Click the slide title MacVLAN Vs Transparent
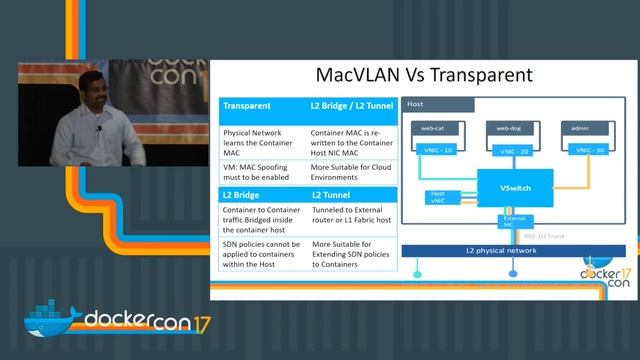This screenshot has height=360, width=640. tap(424, 75)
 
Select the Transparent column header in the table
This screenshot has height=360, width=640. tap(247, 105)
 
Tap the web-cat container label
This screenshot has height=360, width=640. tap(433, 128)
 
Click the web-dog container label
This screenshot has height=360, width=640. tap(506, 128)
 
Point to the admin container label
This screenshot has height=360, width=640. tap(574, 128)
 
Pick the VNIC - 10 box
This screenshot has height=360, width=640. tap(436, 150)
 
